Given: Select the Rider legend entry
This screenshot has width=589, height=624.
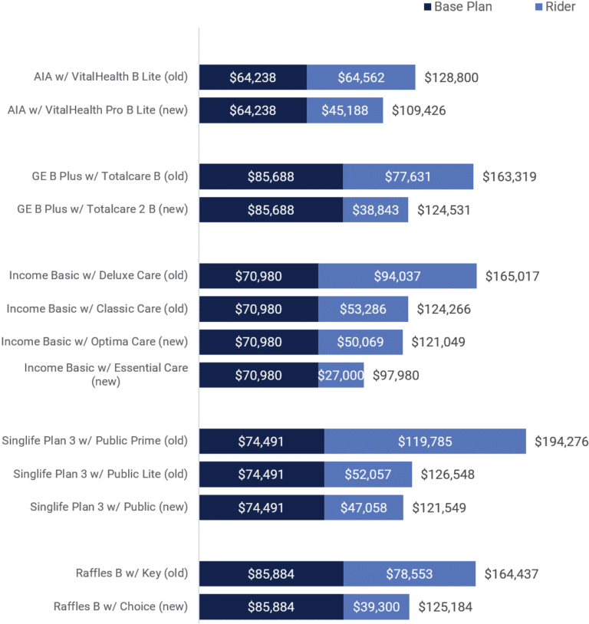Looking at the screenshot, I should [x=554, y=7].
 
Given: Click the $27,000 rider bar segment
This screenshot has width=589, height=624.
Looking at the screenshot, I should [x=341, y=375].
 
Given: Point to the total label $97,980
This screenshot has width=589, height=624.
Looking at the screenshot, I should [x=396, y=375].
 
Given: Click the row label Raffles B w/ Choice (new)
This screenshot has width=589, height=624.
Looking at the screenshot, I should [x=120, y=606].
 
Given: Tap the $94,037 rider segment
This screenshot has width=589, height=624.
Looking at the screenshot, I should [x=397, y=276].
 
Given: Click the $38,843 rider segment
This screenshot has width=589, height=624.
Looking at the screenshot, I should [x=376, y=209].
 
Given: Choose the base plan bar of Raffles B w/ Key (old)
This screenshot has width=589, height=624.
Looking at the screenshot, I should [x=271, y=573].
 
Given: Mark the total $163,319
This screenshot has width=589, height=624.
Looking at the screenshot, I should [x=509, y=176].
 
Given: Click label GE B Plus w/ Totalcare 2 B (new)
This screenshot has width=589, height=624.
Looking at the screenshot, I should [x=102, y=209].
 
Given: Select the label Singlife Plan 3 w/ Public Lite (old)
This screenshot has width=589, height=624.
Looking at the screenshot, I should [x=100, y=474].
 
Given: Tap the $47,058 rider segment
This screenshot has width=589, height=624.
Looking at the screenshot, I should [x=364, y=507].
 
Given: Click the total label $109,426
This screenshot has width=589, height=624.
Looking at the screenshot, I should [x=419, y=110].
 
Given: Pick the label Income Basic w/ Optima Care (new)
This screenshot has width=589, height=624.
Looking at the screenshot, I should [x=94, y=341].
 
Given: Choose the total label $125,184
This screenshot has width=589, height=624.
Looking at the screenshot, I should [x=445, y=606].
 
